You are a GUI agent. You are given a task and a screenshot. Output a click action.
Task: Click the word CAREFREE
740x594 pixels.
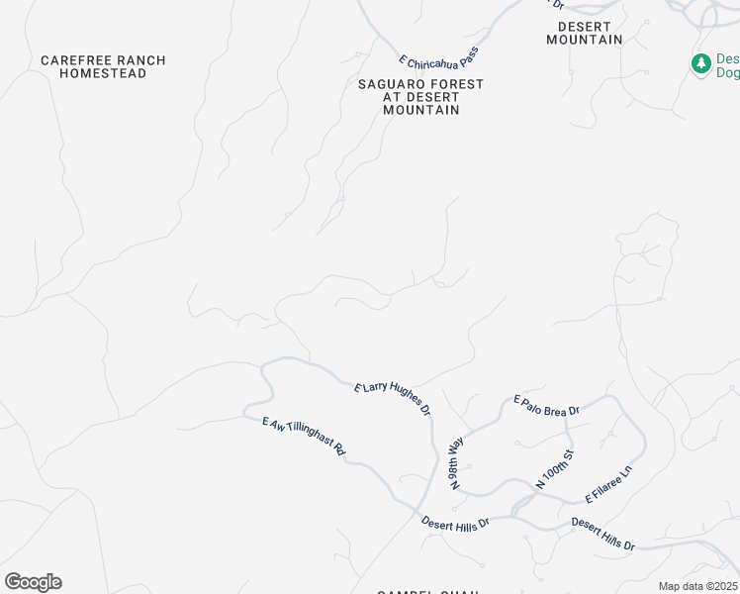69,60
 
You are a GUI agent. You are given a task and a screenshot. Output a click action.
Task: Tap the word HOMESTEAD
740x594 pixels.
104,73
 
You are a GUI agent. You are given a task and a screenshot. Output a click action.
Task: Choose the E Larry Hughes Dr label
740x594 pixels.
393,398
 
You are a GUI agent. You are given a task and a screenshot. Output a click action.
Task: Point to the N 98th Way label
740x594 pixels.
456,462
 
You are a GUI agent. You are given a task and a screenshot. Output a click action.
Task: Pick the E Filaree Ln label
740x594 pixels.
608,480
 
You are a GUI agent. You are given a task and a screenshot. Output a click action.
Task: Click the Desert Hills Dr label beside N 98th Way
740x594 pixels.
455,524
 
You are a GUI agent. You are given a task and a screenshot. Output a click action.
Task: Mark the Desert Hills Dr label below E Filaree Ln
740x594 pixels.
602,533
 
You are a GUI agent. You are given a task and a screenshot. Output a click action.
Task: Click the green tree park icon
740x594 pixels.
701,63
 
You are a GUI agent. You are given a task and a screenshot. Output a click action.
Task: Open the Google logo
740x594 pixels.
33,582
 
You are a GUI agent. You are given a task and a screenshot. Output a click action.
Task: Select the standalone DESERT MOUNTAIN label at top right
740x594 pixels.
585,33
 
